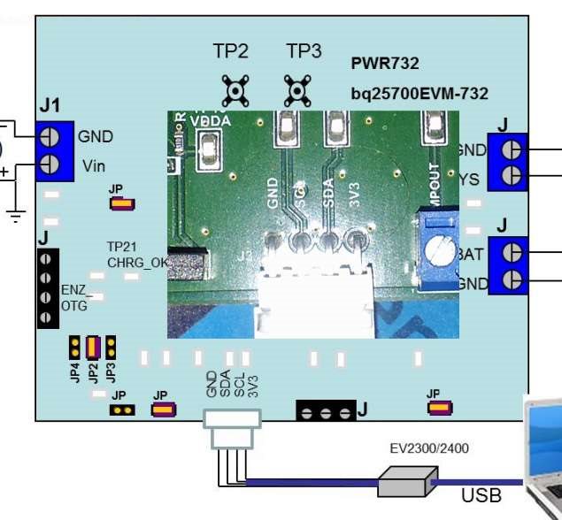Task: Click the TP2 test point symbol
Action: coord(235,89)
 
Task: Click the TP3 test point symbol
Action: coord(296,89)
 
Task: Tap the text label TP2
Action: coord(230,51)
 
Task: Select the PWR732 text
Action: coord(385,64)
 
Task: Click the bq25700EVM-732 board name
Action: coord(419,93)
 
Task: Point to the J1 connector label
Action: coord(50,106)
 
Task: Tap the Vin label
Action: coord(95,164)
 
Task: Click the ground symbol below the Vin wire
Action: coord(15,213)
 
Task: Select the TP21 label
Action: coord(123,246)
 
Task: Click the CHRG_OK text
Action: coord(137,262)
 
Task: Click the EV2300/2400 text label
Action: coord(429,448)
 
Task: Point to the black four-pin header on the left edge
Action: coord(48,288)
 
